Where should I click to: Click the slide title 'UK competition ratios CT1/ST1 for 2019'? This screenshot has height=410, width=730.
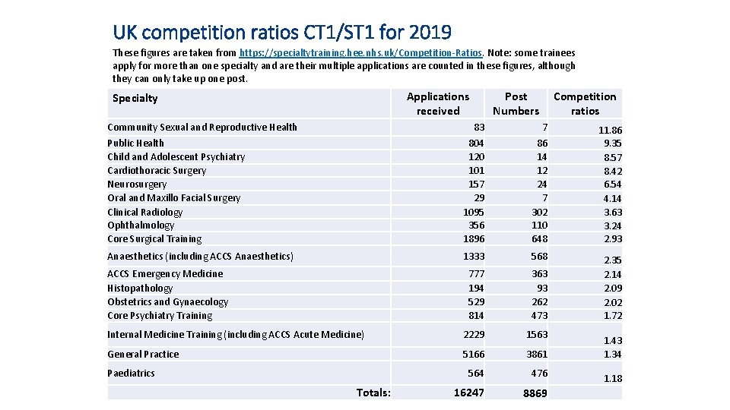click(x=281, y=32)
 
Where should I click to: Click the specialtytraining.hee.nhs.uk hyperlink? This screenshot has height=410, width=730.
click(x=360, y=53)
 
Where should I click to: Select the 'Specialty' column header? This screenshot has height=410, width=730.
click(x=135, y=98)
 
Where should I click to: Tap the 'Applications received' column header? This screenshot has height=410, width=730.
click(x=438, y=103)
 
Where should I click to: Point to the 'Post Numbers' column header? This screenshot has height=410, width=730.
click(x=516, y=103)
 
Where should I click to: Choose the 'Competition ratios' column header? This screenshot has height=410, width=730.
click(x=585, y=103)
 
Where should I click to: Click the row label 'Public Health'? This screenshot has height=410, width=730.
click(x=135, y=143)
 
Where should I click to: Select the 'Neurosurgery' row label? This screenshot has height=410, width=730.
click(x=137, y=184)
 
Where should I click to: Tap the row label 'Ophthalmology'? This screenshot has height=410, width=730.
click(x=141, y=225)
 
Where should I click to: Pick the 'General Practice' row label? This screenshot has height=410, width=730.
click(x=143, y=354)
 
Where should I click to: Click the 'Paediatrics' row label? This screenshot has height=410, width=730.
click(x=131, y=373)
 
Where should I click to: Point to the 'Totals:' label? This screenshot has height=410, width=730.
click(x=373, y=393)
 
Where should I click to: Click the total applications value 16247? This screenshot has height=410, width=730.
click(x=468, y=393)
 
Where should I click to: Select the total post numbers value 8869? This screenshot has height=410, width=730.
click(x=535, y=393)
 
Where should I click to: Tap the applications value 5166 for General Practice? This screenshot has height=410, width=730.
click(x=472, y=354)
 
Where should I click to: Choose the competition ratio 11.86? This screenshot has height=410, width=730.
click(x=610, y=130)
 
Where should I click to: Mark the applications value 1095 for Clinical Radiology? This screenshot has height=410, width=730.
click(x=474, y=212)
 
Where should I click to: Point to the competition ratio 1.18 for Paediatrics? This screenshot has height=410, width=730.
click(x=612, y=378)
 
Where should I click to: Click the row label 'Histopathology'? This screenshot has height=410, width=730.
click(x=140, y=288)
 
